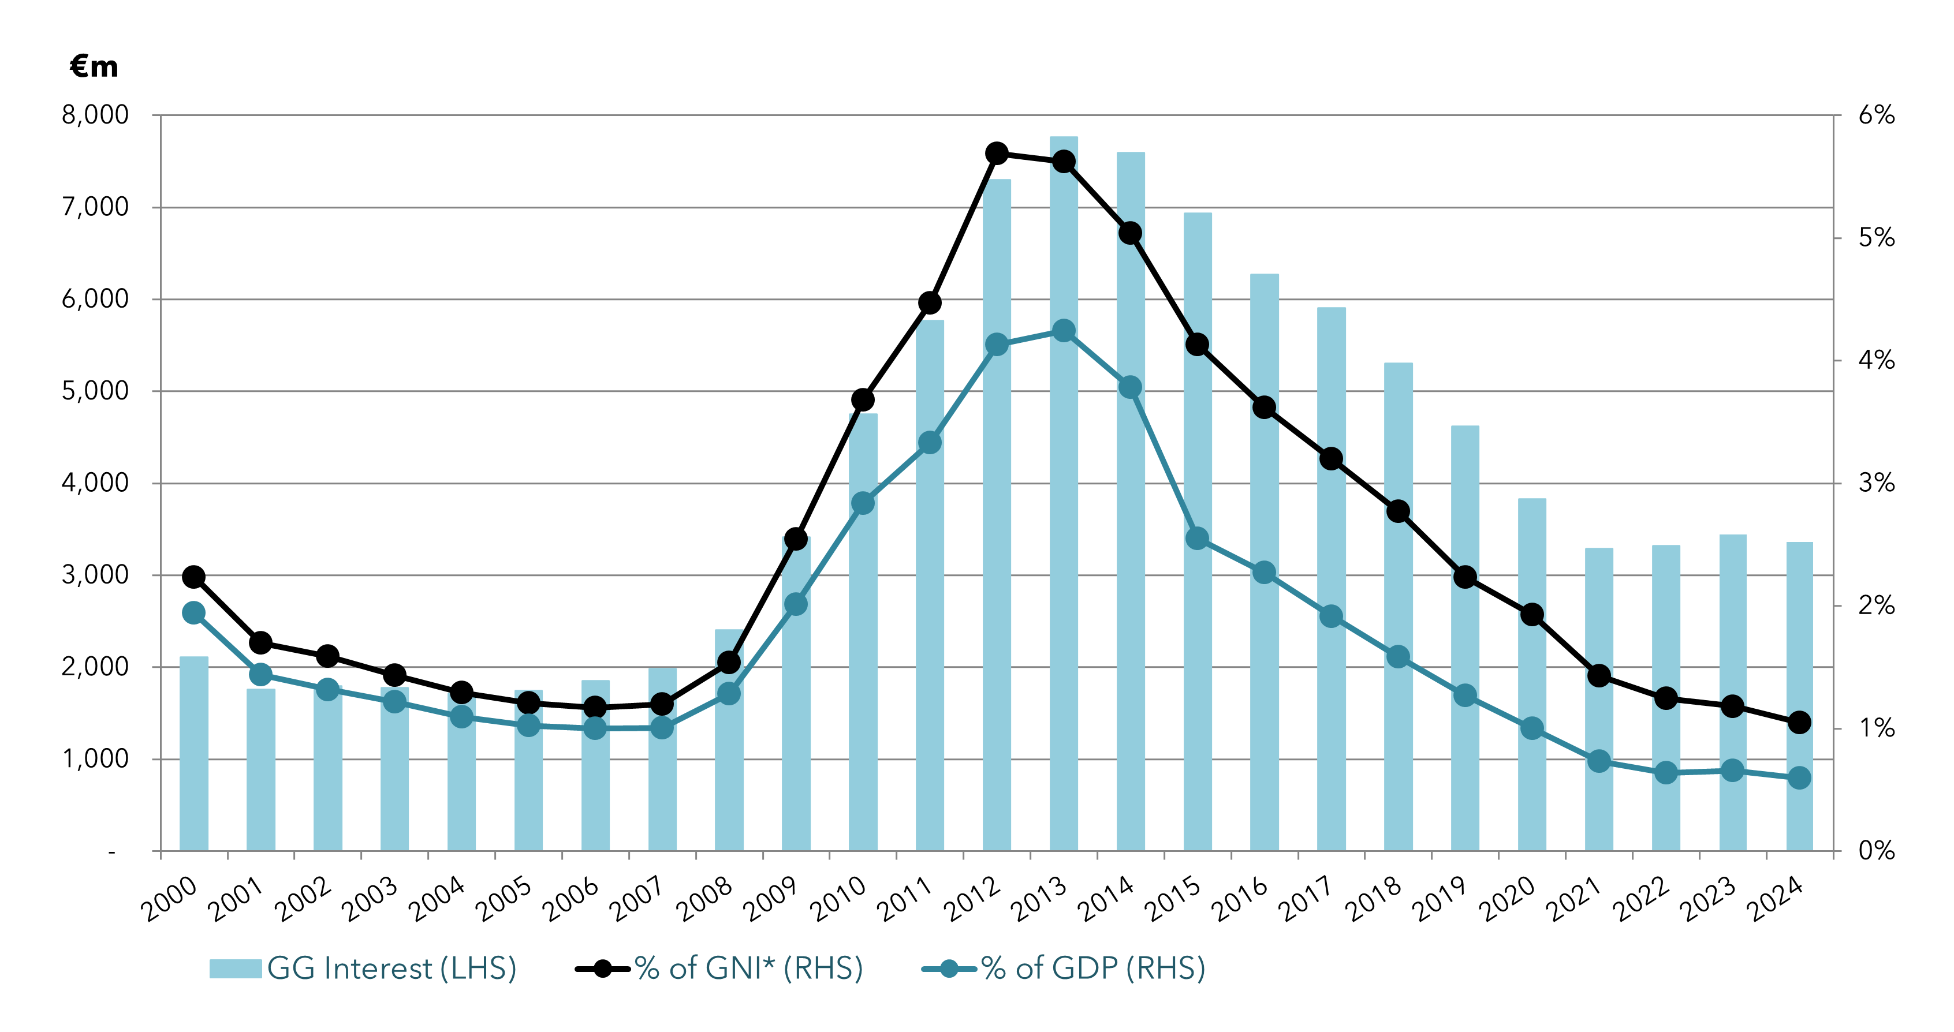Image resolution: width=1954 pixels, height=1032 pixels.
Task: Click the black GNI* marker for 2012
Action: click(x=997, y=153)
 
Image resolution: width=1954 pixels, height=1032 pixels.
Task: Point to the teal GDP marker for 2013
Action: click(x=1064, y=331)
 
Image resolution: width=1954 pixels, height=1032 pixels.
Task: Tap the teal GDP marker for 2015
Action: click(x=1197, y=539)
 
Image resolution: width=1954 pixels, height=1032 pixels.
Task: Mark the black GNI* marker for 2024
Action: click(x=1799, y=723)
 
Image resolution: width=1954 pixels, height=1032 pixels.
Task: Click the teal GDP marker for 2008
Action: click(x=729, y=693)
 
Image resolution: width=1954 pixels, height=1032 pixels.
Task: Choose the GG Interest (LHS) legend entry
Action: click(x=363, y=969)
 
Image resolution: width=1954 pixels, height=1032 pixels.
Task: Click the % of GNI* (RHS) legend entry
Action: click(x=719, y=969)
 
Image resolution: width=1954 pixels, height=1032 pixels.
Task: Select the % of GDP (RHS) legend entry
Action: click(x=1064, y=969)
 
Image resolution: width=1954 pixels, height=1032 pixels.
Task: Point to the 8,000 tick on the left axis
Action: click(x=96, y=115)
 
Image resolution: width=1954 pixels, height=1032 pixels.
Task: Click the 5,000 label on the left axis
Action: click(x=96, y=391)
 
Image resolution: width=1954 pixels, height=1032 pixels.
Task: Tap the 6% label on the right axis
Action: click(x=1876, y=115)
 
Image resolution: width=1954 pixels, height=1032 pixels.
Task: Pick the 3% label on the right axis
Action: click(x=1876, y=483)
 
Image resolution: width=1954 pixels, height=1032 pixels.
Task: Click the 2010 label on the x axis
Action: click(x=838, y=899)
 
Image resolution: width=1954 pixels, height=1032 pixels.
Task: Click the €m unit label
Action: click(x=94, y=67)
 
